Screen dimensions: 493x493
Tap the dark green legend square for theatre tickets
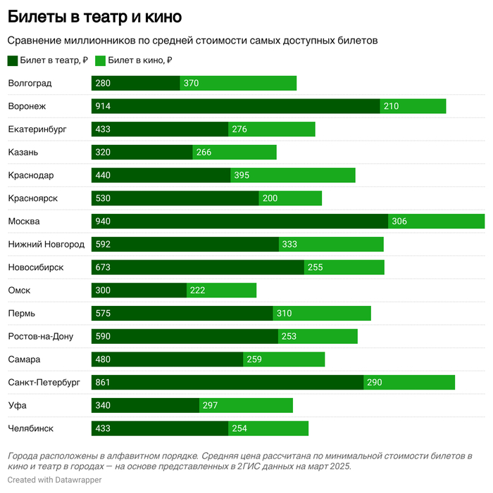click(13, 60)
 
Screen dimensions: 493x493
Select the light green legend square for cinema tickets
click(100, 60)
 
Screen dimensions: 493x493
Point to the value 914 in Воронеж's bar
click(103, 106)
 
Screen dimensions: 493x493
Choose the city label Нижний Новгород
click(46, 244)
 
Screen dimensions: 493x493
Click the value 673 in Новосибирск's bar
click(103, 267)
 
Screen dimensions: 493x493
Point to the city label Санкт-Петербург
click(44, 383)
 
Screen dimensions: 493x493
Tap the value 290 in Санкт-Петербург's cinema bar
click(375, 383)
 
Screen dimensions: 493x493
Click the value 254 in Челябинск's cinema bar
click(239, 428)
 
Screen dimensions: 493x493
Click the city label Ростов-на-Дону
click(41, 336)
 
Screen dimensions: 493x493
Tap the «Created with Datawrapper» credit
click(54, 480)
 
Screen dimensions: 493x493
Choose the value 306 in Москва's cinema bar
click(399, 222)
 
